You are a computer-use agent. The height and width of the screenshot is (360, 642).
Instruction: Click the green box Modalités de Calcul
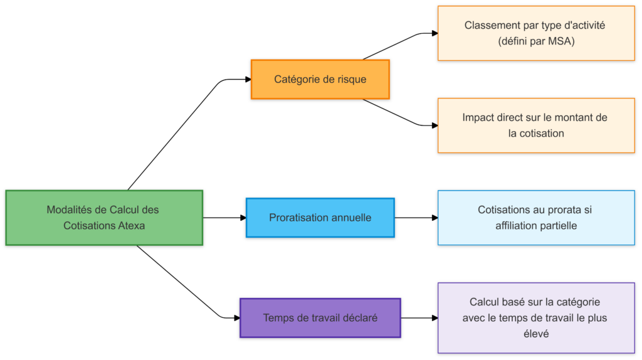104,217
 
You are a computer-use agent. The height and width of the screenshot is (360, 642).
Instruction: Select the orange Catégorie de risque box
320,80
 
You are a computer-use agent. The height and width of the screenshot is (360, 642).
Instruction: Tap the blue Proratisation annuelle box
320,218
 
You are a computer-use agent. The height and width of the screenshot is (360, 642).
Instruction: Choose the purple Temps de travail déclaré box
320,318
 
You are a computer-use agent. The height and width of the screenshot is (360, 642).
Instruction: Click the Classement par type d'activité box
535,33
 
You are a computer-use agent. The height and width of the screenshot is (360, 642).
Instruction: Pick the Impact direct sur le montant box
535,125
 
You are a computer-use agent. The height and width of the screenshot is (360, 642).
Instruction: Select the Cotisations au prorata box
535,217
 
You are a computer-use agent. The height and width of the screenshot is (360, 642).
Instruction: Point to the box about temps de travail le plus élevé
535,318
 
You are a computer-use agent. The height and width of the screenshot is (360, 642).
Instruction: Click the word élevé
535,334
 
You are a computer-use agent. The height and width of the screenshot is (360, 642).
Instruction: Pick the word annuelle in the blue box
351,218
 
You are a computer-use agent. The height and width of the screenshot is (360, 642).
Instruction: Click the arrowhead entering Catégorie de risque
248,80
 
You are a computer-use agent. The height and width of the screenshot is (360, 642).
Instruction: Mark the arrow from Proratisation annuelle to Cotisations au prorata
415,218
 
